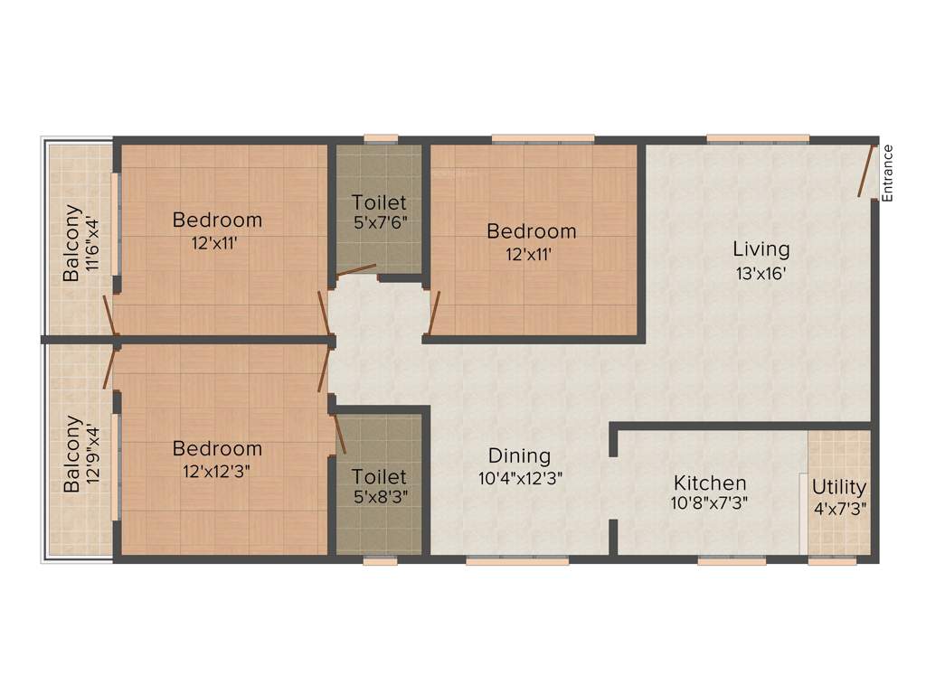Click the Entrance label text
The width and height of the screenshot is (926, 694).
(887, 173)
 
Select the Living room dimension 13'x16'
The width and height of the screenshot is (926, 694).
(761, 273)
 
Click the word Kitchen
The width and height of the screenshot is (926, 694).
(710, 483)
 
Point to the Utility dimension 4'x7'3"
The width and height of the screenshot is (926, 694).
(839, 508)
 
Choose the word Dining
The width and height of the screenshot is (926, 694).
(519, 455)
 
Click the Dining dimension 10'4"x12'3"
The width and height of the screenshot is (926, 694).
(521, 479)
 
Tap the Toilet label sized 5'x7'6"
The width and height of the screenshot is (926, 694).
(379, 202)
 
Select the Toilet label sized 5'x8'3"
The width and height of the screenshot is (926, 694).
(379, 476)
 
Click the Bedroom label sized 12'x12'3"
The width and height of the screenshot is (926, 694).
(217, 448)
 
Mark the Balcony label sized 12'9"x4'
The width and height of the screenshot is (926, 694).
(71, 454)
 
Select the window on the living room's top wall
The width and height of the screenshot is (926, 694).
(758, 139)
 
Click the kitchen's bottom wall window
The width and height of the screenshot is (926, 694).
(732, 560)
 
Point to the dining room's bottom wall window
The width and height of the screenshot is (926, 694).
(517, 560)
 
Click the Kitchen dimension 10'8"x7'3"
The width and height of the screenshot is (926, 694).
(710, 503)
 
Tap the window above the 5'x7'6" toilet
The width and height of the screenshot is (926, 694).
(381, 139)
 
